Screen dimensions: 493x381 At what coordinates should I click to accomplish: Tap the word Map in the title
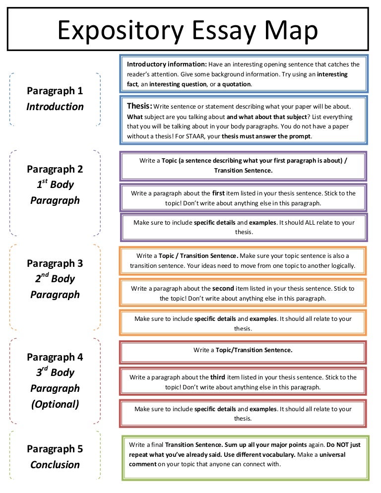(x=292, y=31)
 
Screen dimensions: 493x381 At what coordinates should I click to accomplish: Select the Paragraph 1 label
(x=55, y=91)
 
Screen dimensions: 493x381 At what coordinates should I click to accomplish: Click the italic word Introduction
(x=55, y=107)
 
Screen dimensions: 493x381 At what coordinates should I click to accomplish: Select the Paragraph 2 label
(x=55, y=169)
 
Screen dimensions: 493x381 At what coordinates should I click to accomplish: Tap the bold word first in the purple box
(x=219, y=193)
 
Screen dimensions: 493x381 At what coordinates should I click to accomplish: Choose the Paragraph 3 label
(x=55, y=263)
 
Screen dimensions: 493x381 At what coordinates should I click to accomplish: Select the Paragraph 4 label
(x=55, y=357)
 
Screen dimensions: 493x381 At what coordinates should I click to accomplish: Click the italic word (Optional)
(x=55, y=404)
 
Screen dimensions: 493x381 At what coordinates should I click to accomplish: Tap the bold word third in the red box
(x=218, y=377)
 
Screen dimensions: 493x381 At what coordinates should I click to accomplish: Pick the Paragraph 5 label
(x=55, y=449)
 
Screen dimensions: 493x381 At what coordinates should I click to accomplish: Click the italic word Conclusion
(x=55, y=465)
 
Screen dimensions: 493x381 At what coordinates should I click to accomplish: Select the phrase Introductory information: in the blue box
(x=167, y=64)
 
